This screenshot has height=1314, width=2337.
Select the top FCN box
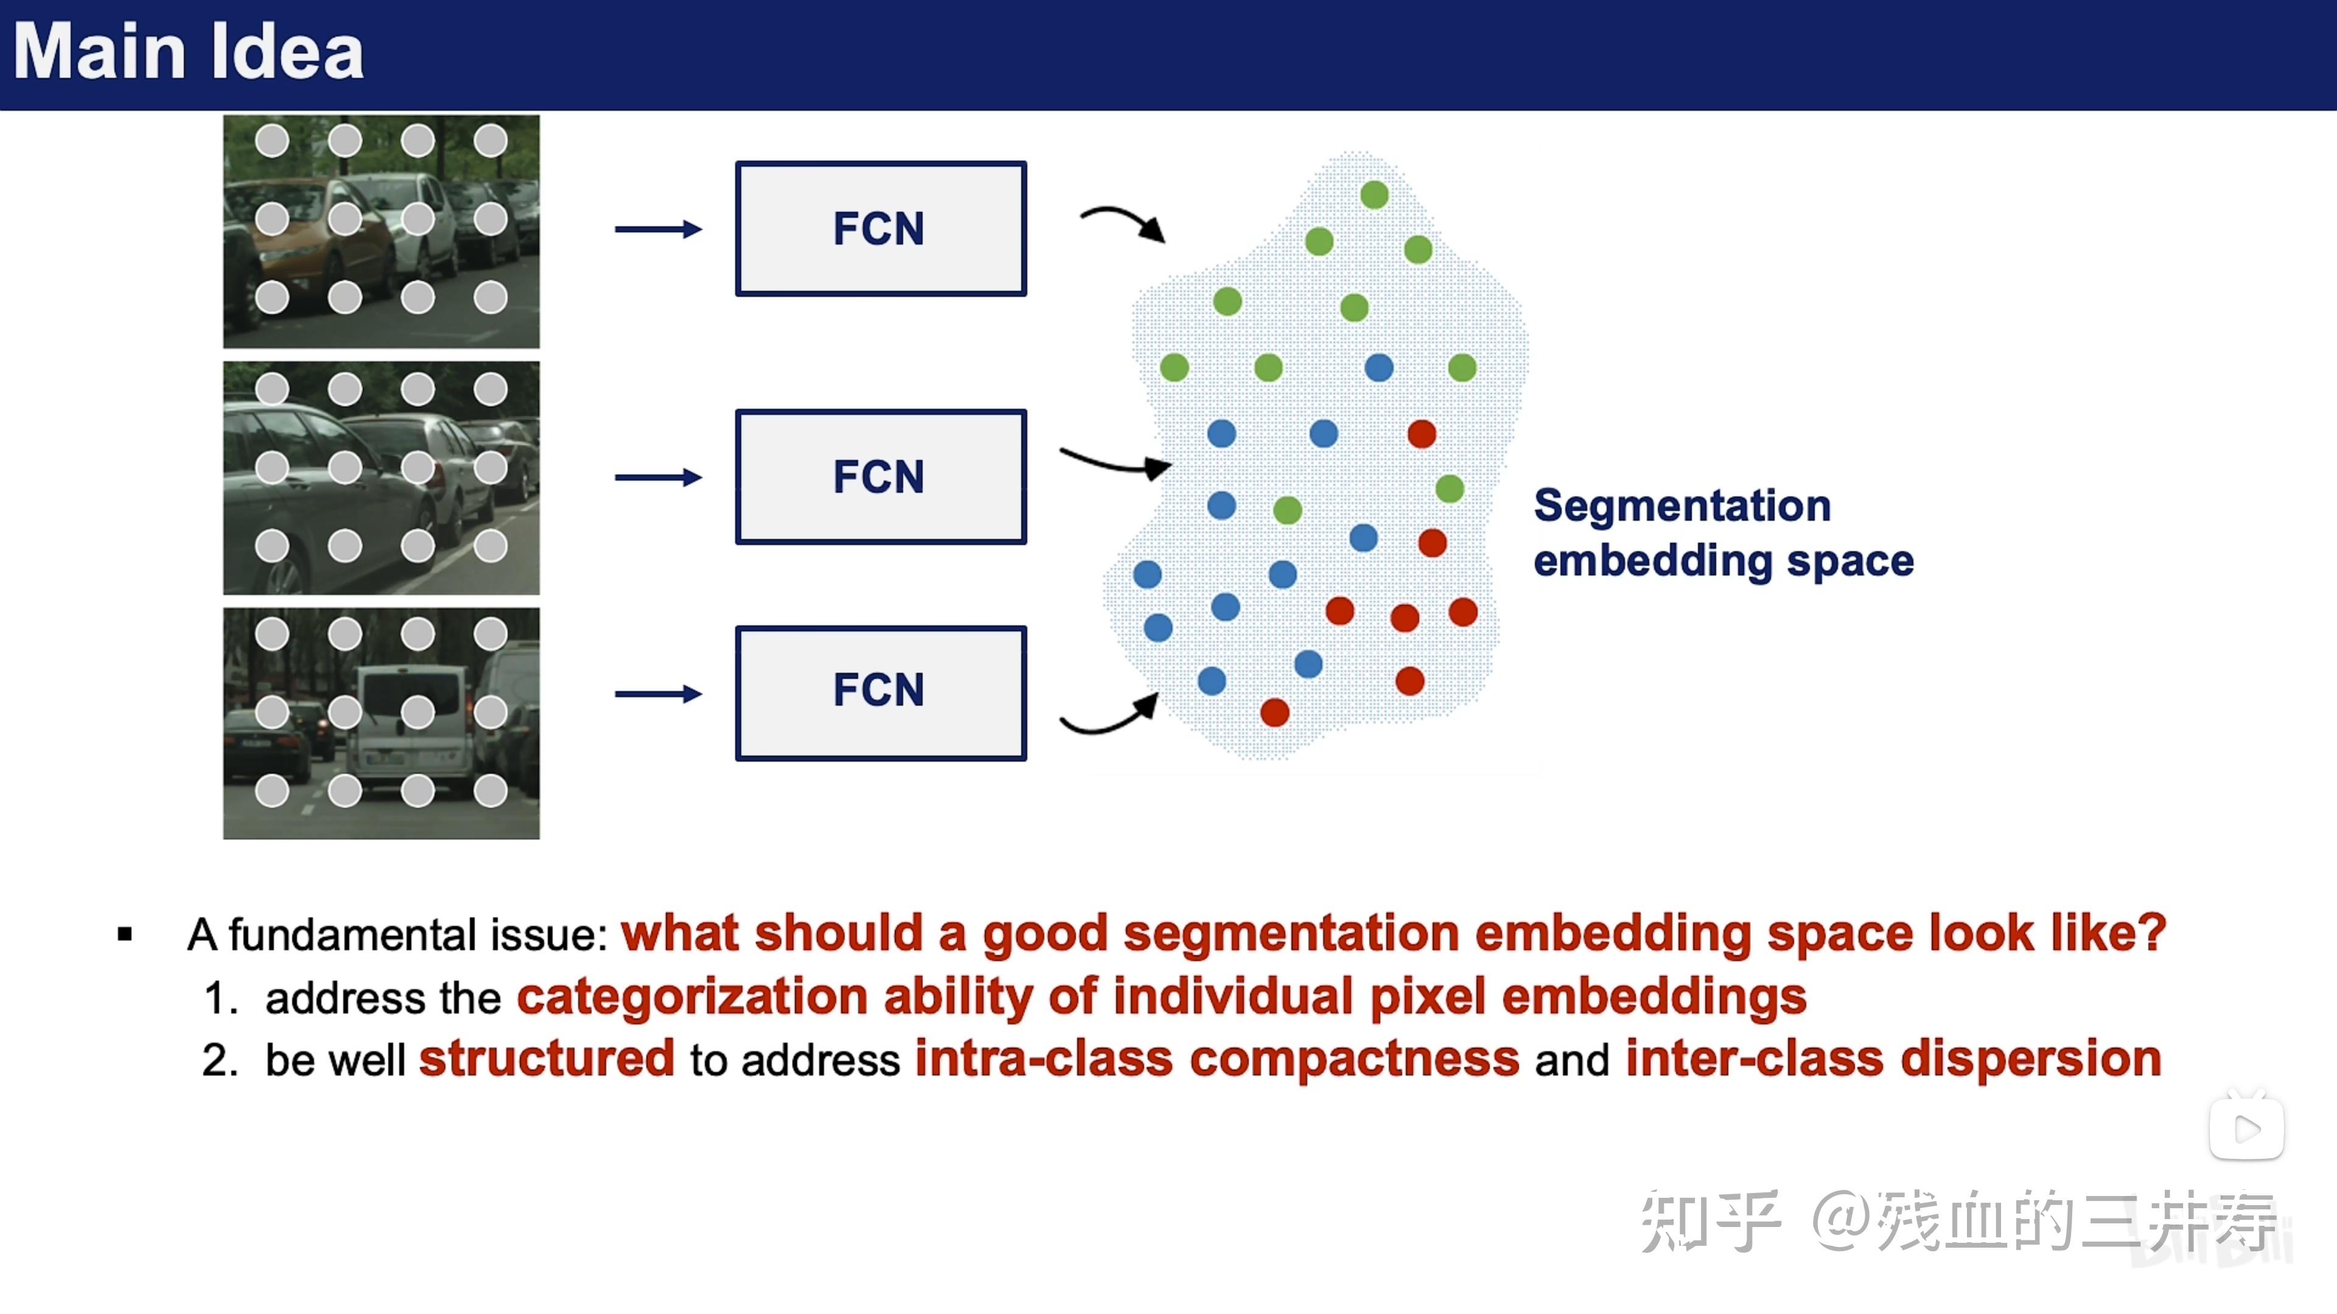coord(881,229)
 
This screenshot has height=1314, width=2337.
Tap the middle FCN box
coord(881,477)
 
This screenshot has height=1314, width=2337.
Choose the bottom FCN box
coord(881,693)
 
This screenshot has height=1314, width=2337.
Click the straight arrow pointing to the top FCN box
coord(658,229)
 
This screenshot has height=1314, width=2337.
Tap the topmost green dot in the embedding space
coord(1374,194)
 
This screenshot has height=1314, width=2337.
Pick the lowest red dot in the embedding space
coord(1274,713)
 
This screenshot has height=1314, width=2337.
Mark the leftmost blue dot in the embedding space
coord(1148,574)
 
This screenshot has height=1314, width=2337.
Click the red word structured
coord(547,1059)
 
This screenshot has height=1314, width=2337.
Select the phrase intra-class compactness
coord(1217,1059)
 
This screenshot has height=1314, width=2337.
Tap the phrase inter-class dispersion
coord(1893,1059)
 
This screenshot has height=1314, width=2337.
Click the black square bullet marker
coord(125,934)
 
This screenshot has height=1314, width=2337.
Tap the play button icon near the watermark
coord(2246,1128)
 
